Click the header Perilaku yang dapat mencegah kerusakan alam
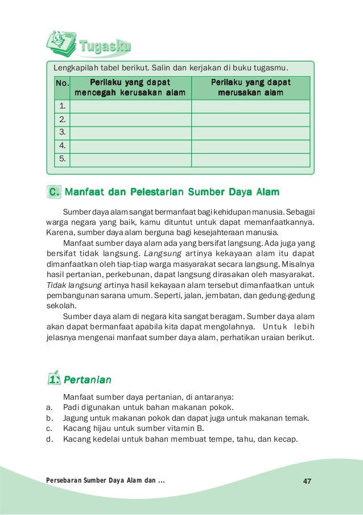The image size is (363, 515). click(x=130, y=87)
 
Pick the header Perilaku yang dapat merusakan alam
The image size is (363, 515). click(x=250, y=87)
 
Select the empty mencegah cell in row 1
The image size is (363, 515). click(x=130, y=106)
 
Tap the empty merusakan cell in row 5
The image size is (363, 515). click(x=250, y=160)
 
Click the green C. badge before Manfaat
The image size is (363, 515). click(x=54, y=192)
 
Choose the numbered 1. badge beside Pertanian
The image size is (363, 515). click(x=53, y=378)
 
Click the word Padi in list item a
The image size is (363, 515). click(x=71, y=408)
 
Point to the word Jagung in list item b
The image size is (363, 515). click(x=76, y=418)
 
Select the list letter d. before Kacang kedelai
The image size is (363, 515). click(x=49, y=439)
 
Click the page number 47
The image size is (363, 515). click(x=307, y=481)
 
